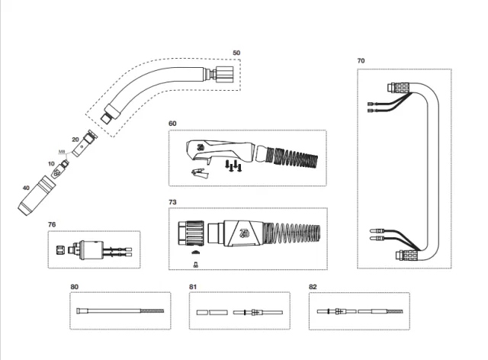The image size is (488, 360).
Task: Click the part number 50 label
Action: tap(236, 53)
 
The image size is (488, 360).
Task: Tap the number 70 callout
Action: tap(361, 60)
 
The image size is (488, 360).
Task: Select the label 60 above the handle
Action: tap(172, 123)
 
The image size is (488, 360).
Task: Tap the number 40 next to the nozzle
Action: tap(27, 188)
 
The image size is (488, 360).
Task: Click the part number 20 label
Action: tap(75, 140)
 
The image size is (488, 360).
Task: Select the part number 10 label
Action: tap(52, 163)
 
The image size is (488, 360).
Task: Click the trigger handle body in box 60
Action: tap(221, 149)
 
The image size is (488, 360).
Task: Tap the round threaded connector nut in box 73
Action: tap(191, 231)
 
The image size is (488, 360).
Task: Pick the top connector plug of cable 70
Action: tap(399, 89)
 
